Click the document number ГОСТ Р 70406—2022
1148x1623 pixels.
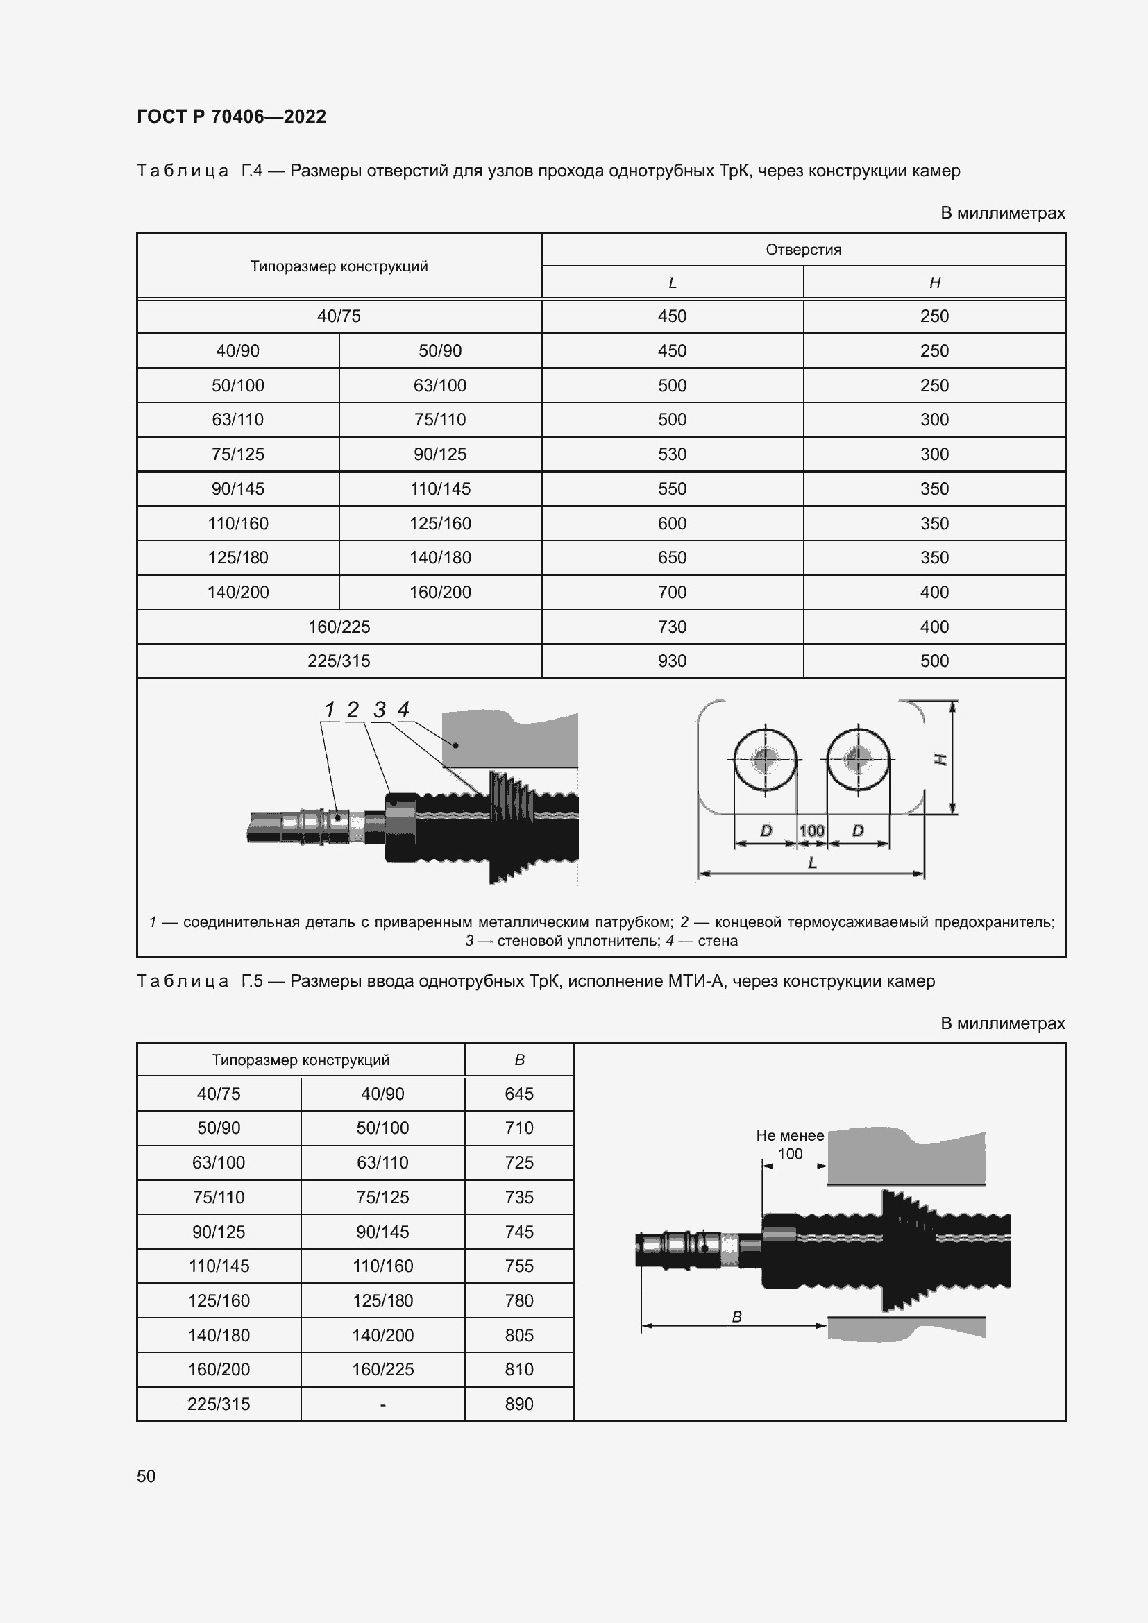tap(231, 117)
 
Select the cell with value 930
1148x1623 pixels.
tap(672, 661)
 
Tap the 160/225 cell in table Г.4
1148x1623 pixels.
tap(339, 627)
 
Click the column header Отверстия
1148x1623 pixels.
tap(803, 250)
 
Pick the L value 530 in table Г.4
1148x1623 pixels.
tap(672, 454)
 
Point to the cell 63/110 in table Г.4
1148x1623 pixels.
tap(237, 419)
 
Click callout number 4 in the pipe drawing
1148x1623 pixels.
tap(404, 709)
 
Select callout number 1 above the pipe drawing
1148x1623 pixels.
tap(330, 709)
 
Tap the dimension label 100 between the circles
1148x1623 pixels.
tap(811, 831)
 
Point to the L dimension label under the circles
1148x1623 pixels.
tap(812, 863)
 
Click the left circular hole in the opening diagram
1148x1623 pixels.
tap(766, 759)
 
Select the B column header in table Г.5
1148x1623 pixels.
tap(519, 1060)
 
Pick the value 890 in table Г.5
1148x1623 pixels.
tap(519, 1404)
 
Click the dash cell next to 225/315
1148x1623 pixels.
tap(382, 1404)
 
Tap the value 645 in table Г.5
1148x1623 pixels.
tap(519, 1094)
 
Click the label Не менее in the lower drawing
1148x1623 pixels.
tap(790, 1135)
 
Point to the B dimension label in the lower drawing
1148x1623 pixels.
tap(736, 1317)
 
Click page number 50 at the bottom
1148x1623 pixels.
tap(146, 1476)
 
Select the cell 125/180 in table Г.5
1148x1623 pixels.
tap(382, 1300)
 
